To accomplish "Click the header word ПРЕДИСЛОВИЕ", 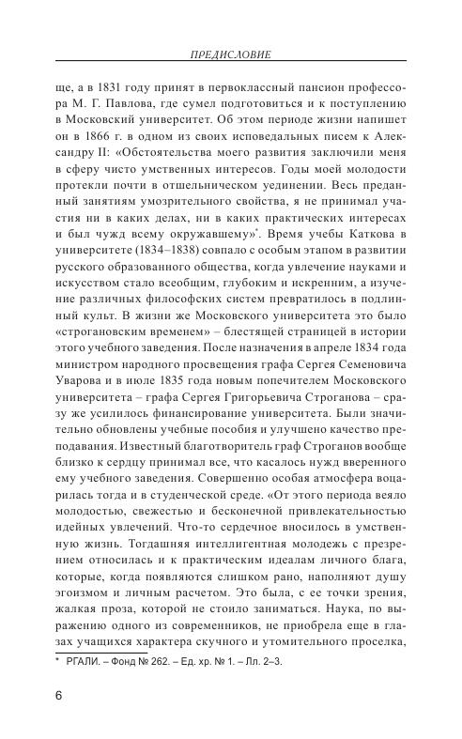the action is [x=229, y=55].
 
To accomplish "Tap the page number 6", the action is [x=59, y=696].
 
